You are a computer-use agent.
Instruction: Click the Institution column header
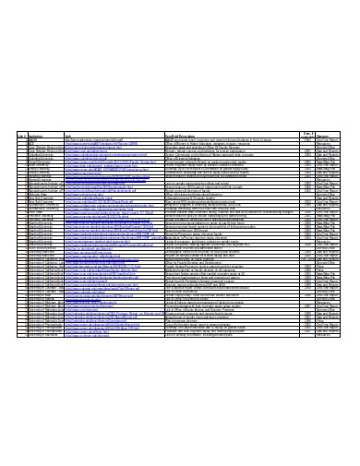pos(37,136)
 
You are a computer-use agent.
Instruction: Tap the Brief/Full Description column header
pos(185,136)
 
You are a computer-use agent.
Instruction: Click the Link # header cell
pos(21,136)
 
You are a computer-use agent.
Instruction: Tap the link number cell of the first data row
pos(21,140)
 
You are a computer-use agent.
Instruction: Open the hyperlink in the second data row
pos(106,144)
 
